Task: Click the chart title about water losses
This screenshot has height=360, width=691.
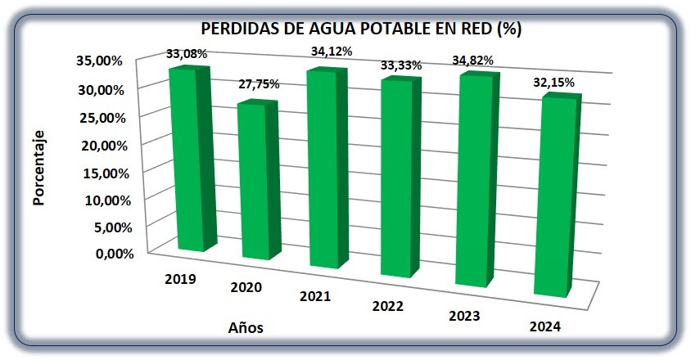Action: [361, 29]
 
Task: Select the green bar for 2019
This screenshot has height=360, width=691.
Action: [193, 159]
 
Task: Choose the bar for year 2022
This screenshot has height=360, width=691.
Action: [400, 177]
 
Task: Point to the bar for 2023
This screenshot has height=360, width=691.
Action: [476, 180]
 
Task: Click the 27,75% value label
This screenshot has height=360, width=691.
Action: [259, 84]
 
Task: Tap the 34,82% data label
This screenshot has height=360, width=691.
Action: [473, 61]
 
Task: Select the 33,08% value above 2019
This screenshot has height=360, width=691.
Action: [187, 54]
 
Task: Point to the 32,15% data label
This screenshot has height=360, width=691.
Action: [554, 83]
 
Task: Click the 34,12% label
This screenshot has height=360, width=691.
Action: [332, 52]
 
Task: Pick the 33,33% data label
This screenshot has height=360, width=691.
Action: [401, 65]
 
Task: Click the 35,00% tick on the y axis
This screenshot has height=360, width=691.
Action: [99, 61]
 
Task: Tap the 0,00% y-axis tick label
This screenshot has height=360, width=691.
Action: [115, 254]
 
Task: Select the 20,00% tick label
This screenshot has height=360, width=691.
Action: [105, 146]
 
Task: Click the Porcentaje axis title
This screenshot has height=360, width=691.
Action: [38, 168]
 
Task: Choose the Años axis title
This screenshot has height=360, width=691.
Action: [246, 327]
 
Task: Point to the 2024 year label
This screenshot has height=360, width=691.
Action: [545, 326]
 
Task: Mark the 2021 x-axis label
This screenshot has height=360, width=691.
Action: [315, 296]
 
